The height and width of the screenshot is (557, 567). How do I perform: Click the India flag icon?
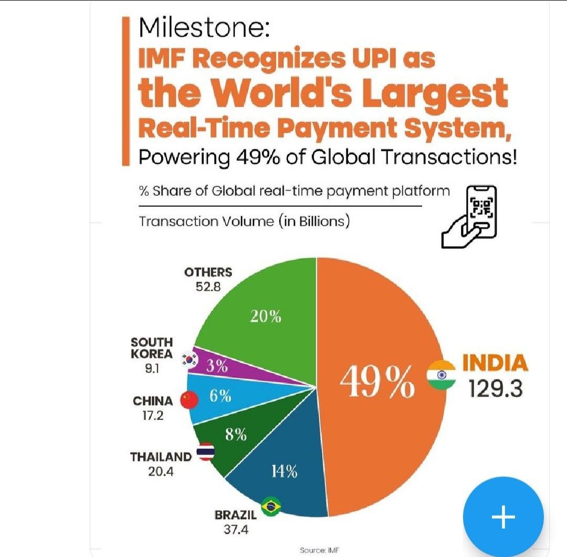(441, 375)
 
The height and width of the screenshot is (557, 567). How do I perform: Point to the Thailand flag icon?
(205, 453)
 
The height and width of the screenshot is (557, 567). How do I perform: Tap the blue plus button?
(503, 517)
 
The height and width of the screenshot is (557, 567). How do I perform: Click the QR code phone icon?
(469, 215)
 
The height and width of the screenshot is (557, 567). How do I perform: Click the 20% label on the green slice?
(265, 317)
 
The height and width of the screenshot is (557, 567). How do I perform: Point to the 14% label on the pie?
(284, 471)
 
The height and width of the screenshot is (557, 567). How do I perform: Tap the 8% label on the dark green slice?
(236, 435)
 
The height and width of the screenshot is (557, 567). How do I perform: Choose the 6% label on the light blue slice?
(220, 397)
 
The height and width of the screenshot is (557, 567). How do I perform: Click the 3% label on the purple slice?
(216, 366)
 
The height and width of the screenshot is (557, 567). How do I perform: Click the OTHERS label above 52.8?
(208, 272)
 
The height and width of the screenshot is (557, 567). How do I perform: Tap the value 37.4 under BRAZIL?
(236, 529)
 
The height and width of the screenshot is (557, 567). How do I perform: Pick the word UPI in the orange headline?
(369, 59)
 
